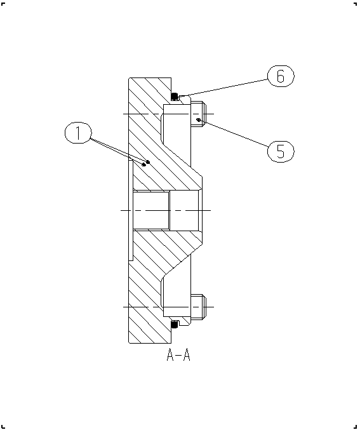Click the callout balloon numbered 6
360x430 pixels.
[x=281, y=76]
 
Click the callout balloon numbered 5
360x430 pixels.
[x=281, y=151]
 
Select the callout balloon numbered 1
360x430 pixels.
[x=78, y=133]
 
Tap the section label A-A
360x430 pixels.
[x=178, y=355]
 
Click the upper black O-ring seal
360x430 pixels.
[x=175, y=97]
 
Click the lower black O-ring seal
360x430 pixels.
[x=175, y=325]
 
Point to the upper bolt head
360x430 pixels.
[x=197, y=114]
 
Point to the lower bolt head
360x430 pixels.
[x=197, y=307]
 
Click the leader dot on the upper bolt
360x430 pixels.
[x=199, y=119]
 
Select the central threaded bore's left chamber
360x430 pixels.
[x=150, y=210]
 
